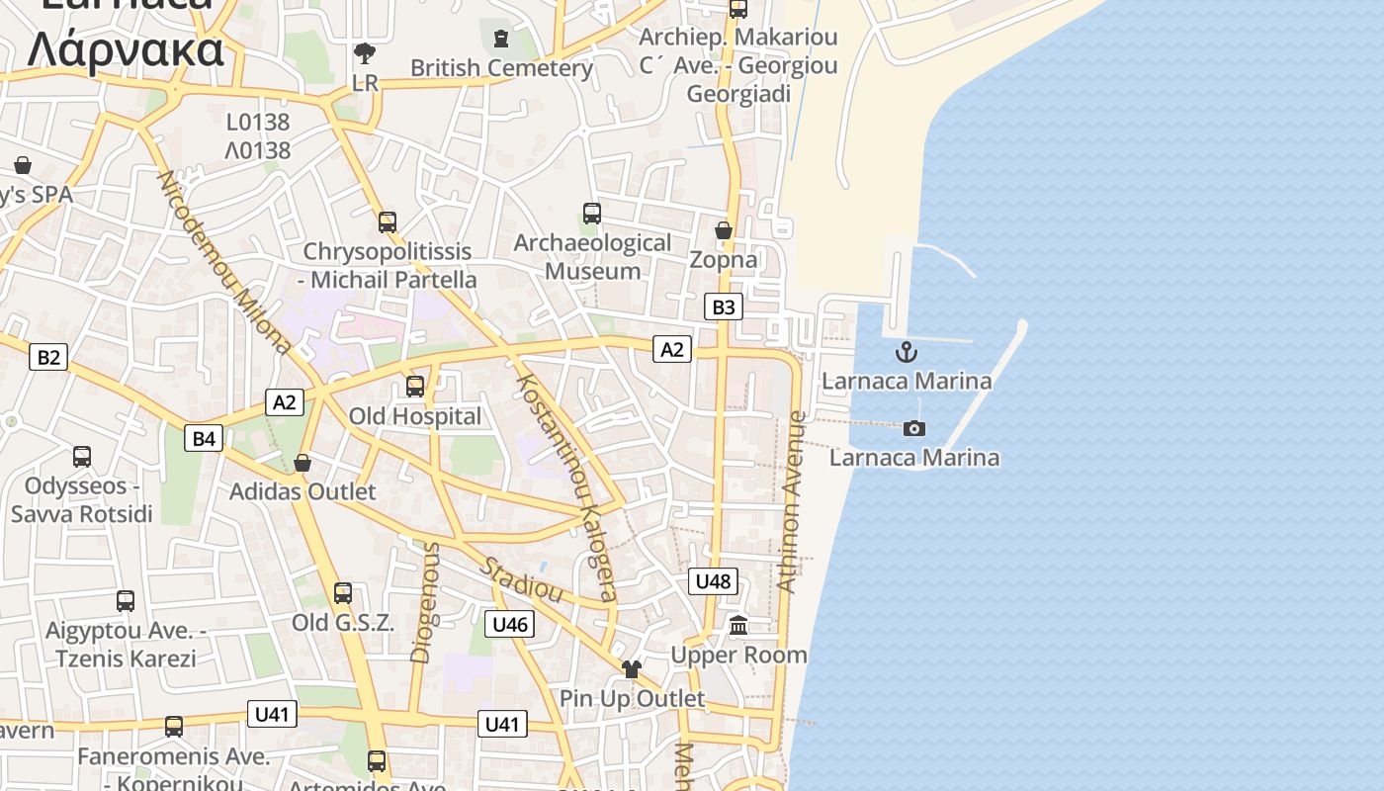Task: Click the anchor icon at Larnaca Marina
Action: click(906, 352)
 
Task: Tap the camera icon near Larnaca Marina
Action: click(914, 428)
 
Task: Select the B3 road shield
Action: click(724, 308)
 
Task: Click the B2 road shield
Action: click(48, 357)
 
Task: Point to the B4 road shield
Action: click(204, 438)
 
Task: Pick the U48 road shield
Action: click(713, 581)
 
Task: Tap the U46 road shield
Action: click(510, 624)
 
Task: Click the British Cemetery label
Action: click(501, 68)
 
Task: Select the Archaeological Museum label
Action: click(592, 256)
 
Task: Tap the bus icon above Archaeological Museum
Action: click(592, 213)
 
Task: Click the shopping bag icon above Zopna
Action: click(724, 230)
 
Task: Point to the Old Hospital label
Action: click(415, 416)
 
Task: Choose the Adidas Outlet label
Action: click(303, 491)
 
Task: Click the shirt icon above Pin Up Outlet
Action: click(632, 669)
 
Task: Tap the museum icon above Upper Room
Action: click(738, 625)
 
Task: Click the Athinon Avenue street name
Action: click(791, 501)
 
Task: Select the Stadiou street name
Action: click(522, 580)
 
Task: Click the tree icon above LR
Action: click(365, 51)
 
